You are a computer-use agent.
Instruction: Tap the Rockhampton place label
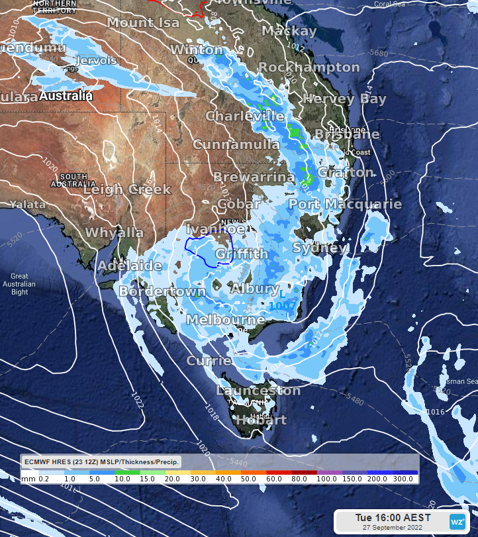(x=309, y=68)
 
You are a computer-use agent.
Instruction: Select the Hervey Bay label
(x=344, y=99)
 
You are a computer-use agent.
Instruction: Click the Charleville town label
(x=245, y=116)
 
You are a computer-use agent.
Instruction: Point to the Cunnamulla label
(x=236, y=144)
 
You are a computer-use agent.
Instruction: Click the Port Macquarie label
(x=345, y=204)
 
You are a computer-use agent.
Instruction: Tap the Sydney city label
(x=319, y=248)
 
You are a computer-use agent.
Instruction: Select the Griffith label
(x=242, y=254)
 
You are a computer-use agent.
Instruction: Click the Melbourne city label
(x=226, y=320)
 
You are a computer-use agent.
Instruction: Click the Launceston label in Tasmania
(x=258, y=391)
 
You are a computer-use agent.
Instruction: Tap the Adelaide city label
(x=130, y=266)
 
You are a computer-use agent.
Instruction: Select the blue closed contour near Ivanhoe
(x=208, y=246)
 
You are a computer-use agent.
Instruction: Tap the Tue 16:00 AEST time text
(x=393, y=517)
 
